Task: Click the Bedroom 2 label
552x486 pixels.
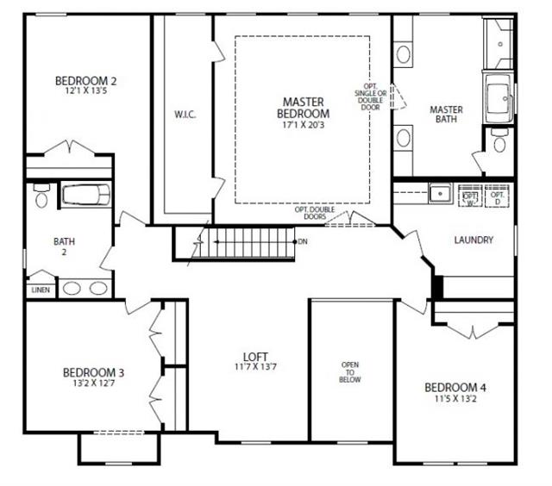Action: click(x=85, y=81)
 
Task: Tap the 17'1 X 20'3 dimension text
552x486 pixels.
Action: click(x=303, y=125)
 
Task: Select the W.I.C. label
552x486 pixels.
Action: click(x=185, y=115)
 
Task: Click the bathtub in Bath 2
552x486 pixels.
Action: click(x=86, y=195)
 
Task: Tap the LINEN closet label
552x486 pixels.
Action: click(x=41, y=290)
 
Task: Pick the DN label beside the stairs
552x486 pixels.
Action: click(x=303, y=241)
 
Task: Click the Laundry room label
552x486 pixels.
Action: click(x=474, y=240)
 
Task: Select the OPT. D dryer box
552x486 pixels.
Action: click(x=497, y=196)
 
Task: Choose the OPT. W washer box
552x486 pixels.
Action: click(x=470, y=196)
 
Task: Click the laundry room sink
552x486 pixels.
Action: click(x=441, y=193)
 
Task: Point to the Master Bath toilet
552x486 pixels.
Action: click(x=499, y=140)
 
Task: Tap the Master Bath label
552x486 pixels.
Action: click(x=446, y=115)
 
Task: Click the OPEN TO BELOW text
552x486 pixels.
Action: click(x=350, y=372)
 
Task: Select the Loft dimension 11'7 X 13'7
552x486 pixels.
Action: click(x=255, y=367)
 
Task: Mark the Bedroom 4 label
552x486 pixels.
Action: click(x=455, y=388)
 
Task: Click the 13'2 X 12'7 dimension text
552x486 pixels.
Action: click(x=93, y=383)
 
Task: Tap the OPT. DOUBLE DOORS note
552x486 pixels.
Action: click(x=315, y=213)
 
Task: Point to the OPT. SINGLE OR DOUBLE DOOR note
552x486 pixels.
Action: click(x=370, y=97)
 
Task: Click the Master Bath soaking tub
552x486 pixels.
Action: click(x=499, y=98)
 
